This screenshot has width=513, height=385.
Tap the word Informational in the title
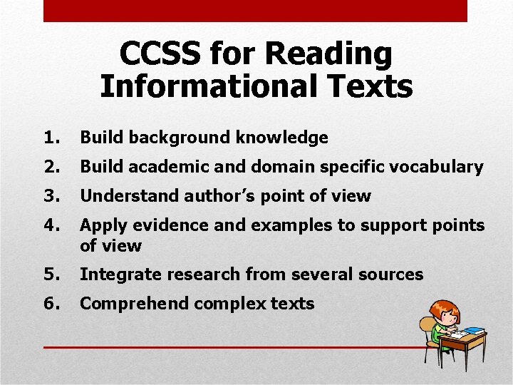pos(209,86)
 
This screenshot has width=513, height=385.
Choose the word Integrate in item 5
pos(116,274)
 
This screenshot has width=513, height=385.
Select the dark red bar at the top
pos(255,11)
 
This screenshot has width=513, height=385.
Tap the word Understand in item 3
pos(130,196)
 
